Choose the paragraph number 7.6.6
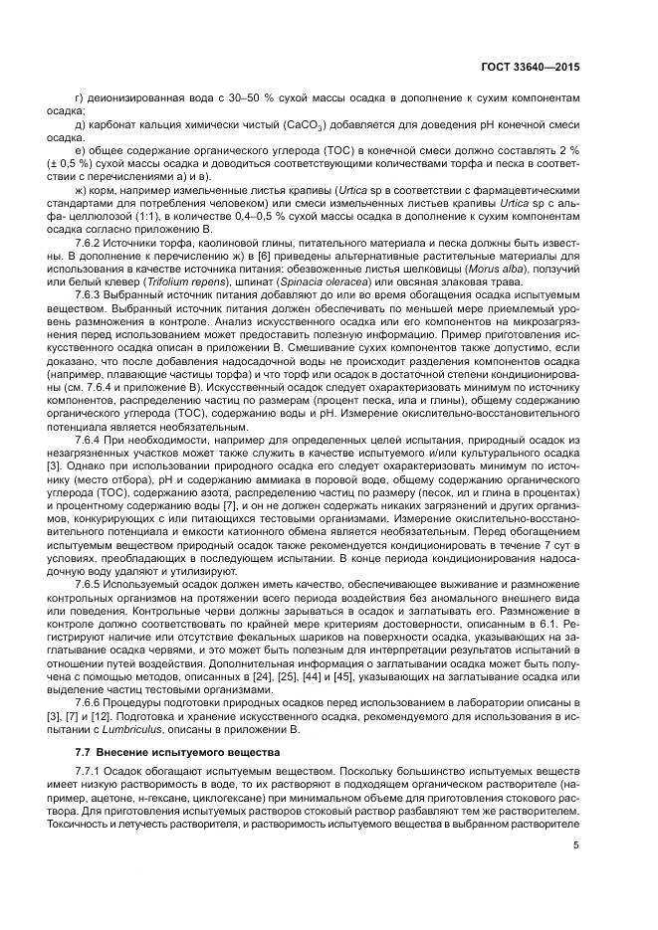pos(93,701)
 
